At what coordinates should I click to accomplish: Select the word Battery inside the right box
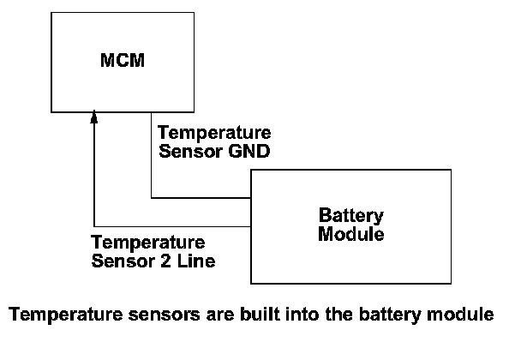[350, 215]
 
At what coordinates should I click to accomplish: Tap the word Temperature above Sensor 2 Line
[147, 243]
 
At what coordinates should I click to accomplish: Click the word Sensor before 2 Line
[121, 260]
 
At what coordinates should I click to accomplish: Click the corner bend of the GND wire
[152, 198]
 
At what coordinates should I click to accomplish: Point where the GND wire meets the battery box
[250, 198]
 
